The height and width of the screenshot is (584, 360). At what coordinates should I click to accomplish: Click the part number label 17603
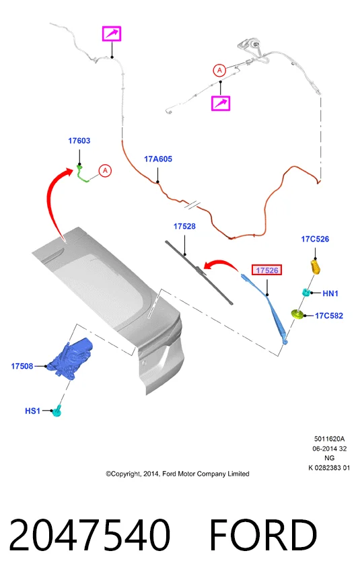tap(79, 141)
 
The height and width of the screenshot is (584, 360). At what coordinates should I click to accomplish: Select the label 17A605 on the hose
tap(158, 159)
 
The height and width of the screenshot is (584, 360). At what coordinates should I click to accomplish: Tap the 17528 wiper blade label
tap(184, 227)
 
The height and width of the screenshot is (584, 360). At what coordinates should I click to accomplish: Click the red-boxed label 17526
tap(267, 270)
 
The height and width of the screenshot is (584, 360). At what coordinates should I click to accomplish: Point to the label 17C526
tap(315, 239)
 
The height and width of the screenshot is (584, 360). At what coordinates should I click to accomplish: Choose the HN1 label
tap(330, 293)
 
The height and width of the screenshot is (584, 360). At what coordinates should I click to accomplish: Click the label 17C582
tap(328, 316)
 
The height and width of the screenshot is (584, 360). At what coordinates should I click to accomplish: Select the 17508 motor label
tap(22, 366)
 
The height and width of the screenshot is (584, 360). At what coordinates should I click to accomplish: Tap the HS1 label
tap(32, 411)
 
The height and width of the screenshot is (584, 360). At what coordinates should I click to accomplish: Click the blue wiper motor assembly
tap(70, 359)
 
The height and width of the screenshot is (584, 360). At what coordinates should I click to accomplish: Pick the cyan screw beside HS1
tap(57, 411)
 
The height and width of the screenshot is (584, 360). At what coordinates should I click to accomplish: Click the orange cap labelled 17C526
tap(316, 267)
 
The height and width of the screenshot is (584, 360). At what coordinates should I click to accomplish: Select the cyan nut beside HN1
tap(306, 293)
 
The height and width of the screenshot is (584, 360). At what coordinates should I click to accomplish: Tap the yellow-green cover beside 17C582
tap(297, 315)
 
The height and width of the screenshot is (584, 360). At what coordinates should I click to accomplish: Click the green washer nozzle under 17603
tap(82, 174)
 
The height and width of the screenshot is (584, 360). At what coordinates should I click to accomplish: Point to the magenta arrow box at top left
tap(112, 34)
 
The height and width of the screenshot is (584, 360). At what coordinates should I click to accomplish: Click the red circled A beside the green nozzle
tap(105, 171)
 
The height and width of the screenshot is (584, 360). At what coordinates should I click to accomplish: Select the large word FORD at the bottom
tap(263, 535)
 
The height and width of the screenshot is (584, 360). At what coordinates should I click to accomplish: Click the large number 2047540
tap(89, 535)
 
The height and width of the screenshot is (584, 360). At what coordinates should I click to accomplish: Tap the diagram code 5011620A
tap(330, 439)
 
